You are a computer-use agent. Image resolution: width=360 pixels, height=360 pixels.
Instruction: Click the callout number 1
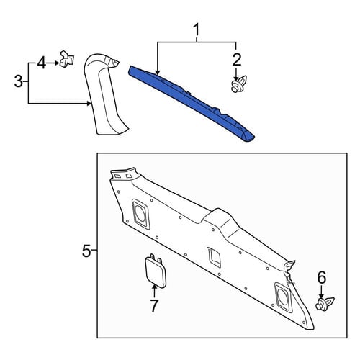pos(197,30)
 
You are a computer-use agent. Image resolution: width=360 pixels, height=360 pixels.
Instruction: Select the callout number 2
pos(237,60)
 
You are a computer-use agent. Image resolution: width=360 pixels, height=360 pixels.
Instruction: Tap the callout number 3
pos(19,81)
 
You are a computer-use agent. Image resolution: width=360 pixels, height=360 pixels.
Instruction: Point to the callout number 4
pos(41,63)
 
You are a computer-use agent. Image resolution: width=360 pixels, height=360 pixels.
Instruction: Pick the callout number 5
pos(86,251)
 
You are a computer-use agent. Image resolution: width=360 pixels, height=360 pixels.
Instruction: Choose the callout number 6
pos(322,277)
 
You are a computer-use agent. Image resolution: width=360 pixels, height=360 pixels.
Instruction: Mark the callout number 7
pos(154,305)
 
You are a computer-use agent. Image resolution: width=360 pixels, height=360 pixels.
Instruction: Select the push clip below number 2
pos(239,84)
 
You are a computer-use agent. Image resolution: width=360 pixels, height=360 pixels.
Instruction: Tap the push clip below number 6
pos(325,304)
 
